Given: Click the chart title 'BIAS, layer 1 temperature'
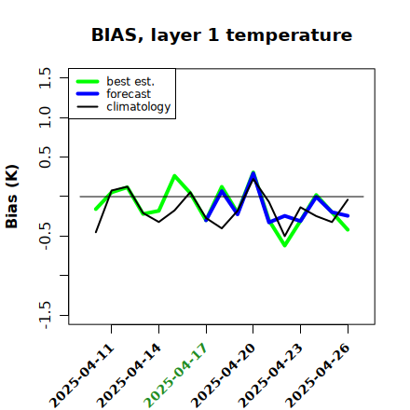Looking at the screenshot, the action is point(222,35).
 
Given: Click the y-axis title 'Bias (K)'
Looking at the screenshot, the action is point(12,197).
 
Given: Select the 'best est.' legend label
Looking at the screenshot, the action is point(130,81).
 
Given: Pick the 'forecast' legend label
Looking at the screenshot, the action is point(129,94).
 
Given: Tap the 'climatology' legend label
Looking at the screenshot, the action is point(139,107).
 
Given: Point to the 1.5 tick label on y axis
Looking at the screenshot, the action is point(45,77).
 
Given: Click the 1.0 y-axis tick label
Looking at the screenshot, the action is point(45,117).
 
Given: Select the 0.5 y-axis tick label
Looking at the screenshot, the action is point(45,157).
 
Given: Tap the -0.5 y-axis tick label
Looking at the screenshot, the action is point(45,237).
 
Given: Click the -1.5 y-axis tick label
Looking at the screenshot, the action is point(45,315).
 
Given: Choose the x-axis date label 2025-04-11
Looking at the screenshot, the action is point(82,376).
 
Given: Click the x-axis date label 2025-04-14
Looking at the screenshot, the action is point(130,376).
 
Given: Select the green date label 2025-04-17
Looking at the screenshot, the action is point(176,376).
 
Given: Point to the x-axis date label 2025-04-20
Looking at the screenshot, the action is point(224,376).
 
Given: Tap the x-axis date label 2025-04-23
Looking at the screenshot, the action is point(271,376).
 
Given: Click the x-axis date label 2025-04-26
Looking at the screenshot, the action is point(318,376).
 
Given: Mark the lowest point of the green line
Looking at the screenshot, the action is point(284,246).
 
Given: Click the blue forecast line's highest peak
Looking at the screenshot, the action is point(253,173).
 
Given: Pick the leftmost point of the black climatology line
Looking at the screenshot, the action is point(96,232).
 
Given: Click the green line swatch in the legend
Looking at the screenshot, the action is point(88,81).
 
